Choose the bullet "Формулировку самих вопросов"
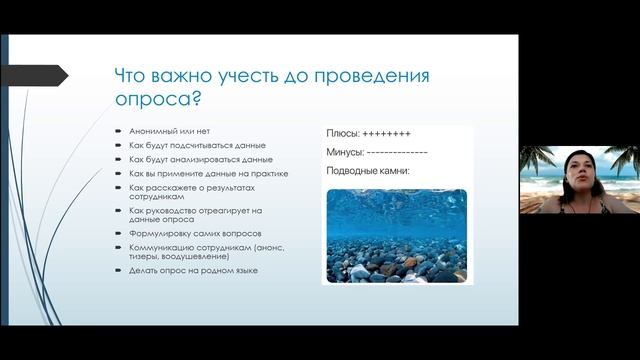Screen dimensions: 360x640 click(x=187, y=234)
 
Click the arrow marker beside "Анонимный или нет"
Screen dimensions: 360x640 click(x=118, y=132)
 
